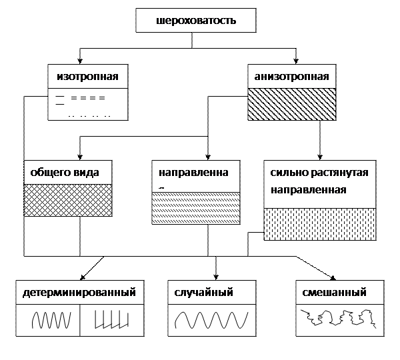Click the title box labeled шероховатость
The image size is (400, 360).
click(196, 21)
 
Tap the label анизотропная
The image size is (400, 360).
click(291, 76)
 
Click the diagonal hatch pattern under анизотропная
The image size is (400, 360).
click(291, 104)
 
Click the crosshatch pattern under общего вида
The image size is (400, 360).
click(67, 200)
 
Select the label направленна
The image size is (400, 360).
click(193, 173)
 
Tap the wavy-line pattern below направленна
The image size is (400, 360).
click(195, 208)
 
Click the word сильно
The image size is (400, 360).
click(285, 173)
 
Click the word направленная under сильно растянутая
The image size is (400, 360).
click(308, 189)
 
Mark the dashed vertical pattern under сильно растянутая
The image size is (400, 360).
click(319, 223)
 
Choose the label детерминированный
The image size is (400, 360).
click(79, 292)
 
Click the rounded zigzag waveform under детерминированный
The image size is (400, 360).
click(50, 321)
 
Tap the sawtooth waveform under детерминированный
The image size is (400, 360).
click(109, 321)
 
